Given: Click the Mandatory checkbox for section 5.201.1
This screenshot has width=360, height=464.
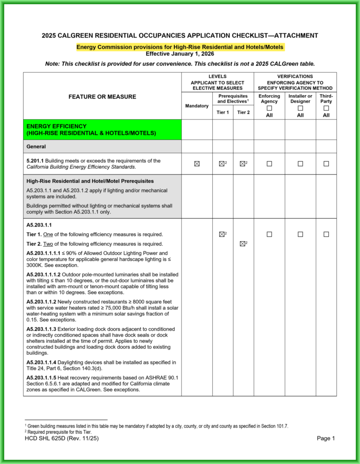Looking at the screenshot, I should point(197,164).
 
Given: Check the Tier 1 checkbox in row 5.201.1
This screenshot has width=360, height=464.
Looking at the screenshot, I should point(221,164).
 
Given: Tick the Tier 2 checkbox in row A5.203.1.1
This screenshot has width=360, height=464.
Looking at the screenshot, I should point(242,244).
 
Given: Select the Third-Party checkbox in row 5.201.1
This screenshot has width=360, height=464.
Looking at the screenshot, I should point(326,164).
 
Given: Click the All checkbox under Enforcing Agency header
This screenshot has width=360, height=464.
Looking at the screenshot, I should point(269,109).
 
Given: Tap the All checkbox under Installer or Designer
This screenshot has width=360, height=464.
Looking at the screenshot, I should point(300,109).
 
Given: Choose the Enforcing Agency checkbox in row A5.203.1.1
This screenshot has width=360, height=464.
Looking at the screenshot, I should point(269,234).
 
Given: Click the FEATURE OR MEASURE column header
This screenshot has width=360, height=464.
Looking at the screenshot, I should point(102,97).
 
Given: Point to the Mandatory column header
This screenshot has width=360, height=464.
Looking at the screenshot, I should point(197,106).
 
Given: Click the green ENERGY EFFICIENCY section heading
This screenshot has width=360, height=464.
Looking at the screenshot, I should point(91,130).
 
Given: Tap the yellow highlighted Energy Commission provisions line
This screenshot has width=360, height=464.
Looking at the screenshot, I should point(180,47).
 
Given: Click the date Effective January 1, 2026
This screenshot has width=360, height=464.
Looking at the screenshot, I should point(180,53).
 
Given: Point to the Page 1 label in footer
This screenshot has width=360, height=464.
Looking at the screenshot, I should point(326,438).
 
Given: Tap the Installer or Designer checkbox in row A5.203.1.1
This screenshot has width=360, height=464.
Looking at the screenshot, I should point(300,234).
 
